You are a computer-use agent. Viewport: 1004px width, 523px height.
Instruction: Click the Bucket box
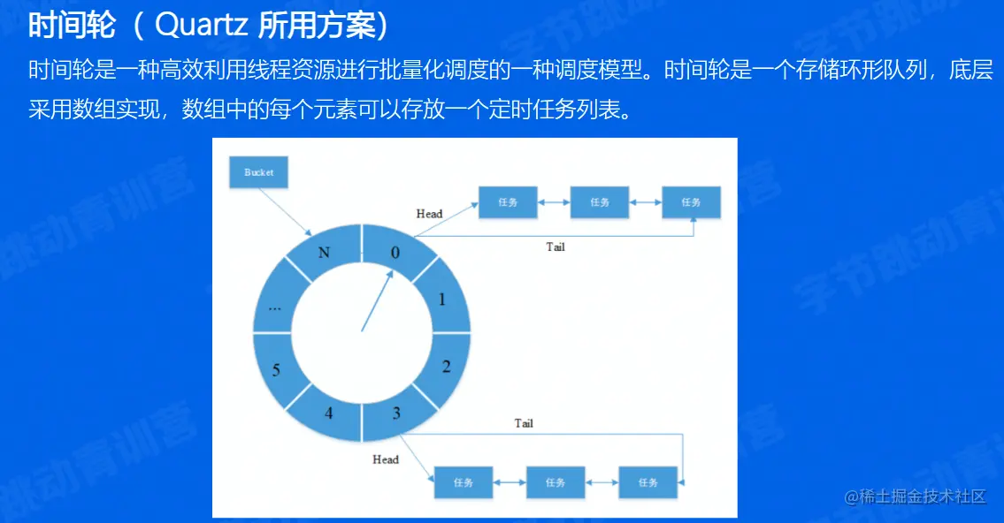coord(258,172)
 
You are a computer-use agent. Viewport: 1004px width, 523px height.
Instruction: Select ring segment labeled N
coord(325,252)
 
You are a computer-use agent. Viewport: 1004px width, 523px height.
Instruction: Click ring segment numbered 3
coord(397,413)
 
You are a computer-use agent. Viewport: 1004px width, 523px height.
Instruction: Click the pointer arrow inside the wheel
coord(378,300)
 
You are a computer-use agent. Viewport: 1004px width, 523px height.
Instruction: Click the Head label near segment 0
coord(429,214)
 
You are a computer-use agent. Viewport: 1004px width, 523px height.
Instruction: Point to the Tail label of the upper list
coord(556,246)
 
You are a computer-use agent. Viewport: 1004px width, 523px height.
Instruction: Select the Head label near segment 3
coord(386,459)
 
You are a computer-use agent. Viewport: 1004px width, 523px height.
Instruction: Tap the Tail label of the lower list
coord(523,423)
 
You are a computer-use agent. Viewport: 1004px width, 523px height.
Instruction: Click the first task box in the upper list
coord(508,202)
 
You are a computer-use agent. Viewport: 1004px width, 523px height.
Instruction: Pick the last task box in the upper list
coord(691,202)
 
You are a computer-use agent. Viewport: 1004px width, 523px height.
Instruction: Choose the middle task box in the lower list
coord(556,482)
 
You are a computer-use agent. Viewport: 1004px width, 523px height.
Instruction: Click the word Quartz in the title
coord(201,25)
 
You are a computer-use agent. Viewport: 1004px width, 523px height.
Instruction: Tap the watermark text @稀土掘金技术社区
coord(915,496)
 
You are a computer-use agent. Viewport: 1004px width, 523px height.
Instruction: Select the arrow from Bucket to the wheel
coord(286,212)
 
